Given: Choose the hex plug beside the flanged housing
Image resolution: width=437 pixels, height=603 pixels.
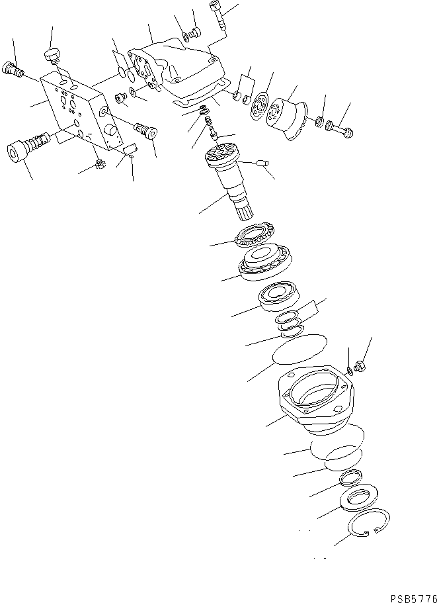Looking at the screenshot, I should click(x=361, y=364).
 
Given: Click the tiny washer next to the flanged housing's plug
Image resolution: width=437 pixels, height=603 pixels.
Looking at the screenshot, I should click(x=350, y=369).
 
